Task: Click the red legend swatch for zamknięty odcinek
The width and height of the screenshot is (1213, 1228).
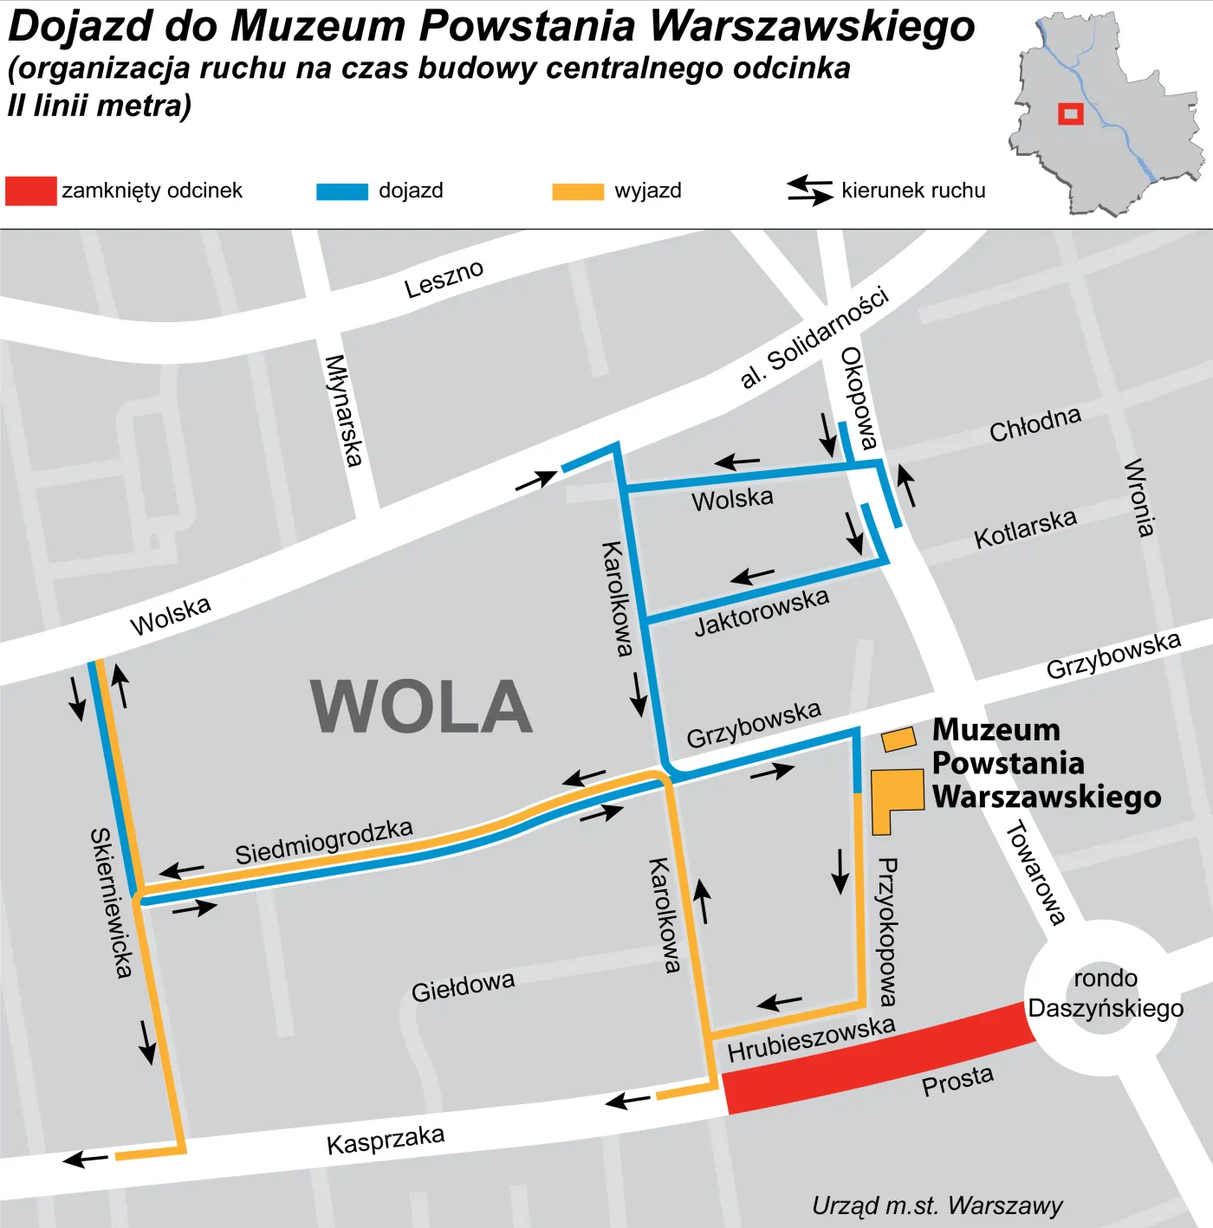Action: point(30,191)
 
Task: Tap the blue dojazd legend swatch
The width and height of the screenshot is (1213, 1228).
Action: point(342,191)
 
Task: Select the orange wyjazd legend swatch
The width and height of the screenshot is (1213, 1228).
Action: point(578,191)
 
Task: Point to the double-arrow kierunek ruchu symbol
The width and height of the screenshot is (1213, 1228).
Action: point(809,191)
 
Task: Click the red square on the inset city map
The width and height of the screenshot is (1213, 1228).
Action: point(1071,113)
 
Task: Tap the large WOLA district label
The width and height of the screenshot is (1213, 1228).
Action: point(421,707)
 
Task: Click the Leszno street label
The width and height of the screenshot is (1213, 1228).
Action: point(444,279)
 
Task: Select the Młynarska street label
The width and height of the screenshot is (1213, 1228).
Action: point(343,410)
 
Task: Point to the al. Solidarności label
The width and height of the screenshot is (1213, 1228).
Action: point(814,337)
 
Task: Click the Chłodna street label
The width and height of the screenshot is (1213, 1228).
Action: point(1035,423)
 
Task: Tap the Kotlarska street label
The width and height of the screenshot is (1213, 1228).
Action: point(1025,528)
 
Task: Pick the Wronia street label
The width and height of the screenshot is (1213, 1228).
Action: point(1139,498)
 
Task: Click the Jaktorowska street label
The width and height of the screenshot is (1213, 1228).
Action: point(762,611)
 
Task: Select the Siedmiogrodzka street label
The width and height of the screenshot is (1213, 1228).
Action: point(324,840)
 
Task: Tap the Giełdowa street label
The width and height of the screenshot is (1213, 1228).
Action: point(463,986)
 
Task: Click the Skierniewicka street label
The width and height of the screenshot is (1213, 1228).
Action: point(112,902)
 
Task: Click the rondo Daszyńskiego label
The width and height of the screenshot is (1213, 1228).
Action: point(1106,993)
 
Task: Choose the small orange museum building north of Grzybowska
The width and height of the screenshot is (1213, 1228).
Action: point(898,739)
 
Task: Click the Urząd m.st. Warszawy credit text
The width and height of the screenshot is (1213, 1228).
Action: point(937,1205)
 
